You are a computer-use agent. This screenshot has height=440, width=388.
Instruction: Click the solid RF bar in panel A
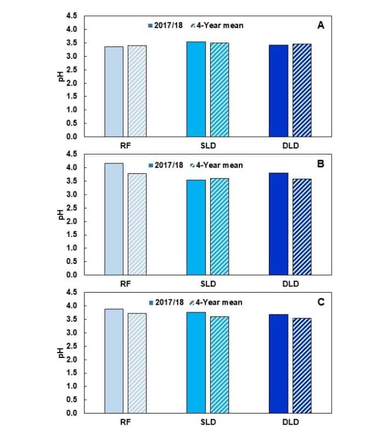click(x=114, y=91)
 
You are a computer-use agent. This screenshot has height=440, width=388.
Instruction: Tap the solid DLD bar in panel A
click(x=278, y=91)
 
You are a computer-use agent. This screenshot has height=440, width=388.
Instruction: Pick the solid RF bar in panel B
click(x=114, y=219)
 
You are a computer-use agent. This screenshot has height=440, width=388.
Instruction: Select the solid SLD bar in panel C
click(x=196, y=362)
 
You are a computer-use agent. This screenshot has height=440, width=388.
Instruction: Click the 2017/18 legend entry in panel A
click(x=166, y=25)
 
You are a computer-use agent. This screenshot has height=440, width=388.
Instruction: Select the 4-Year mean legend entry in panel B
click(x=220, y=165)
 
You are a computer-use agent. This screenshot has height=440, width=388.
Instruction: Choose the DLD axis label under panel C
click(x=290, y=424)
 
